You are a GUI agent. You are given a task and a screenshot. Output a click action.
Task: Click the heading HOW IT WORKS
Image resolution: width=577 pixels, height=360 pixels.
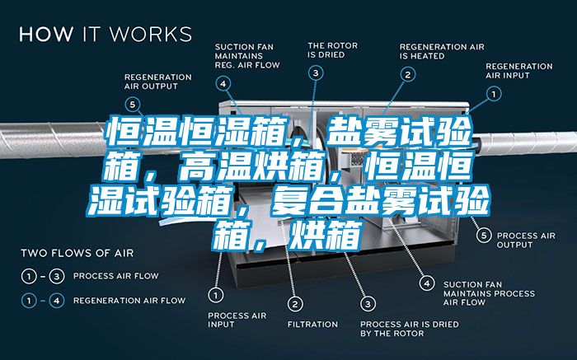(x=105, y=35)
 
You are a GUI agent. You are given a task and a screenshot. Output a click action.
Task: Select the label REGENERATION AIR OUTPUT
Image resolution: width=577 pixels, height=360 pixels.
(x=157, y=81)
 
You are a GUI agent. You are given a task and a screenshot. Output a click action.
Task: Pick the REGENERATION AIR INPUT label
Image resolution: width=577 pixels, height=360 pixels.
(x=518, y=71)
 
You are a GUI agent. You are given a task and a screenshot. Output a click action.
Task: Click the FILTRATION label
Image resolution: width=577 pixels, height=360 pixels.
(x=312, y=324)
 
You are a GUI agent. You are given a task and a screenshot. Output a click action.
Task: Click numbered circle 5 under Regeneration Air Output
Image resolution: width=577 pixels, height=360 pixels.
(x=133, y=104)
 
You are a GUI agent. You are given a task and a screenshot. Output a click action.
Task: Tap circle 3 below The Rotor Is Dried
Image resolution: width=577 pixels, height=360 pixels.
(x=316, y=73)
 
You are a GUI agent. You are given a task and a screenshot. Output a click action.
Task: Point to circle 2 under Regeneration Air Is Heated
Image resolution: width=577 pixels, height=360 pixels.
(x=407, y=74)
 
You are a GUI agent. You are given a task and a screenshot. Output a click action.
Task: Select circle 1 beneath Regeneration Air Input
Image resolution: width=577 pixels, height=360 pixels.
(x=495, y=95)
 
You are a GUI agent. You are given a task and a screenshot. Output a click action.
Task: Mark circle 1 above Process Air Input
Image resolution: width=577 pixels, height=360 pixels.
(x=216, y=294)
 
